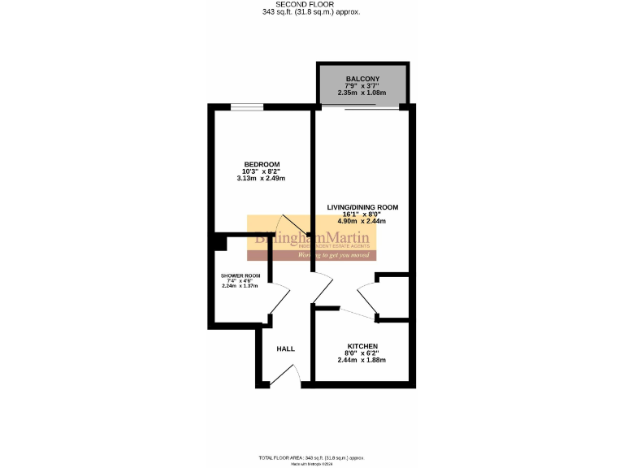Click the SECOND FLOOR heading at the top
click(x=312, y=5)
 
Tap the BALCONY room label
click(x=362, y=79)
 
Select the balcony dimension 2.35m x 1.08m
click(x=362, y=93)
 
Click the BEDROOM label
click(x=262, y=165)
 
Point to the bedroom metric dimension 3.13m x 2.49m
click(x=262, y=179)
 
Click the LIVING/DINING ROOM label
click(x=362, y=207)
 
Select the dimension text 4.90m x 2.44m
click(x=362, y=221)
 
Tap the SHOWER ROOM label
click(x=240, y=275)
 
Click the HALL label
click(x=286, y=349)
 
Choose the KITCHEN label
click(x=362, y=346)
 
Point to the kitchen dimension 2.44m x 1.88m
click(x=362, y=360)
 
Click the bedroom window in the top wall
click(x=246, y=107)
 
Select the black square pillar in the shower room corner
click(x=219, y=241)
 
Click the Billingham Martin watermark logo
click(x=312, y=239)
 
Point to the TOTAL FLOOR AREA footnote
click(x=312, y=458)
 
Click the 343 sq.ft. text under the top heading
click(x=312, y=13)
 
